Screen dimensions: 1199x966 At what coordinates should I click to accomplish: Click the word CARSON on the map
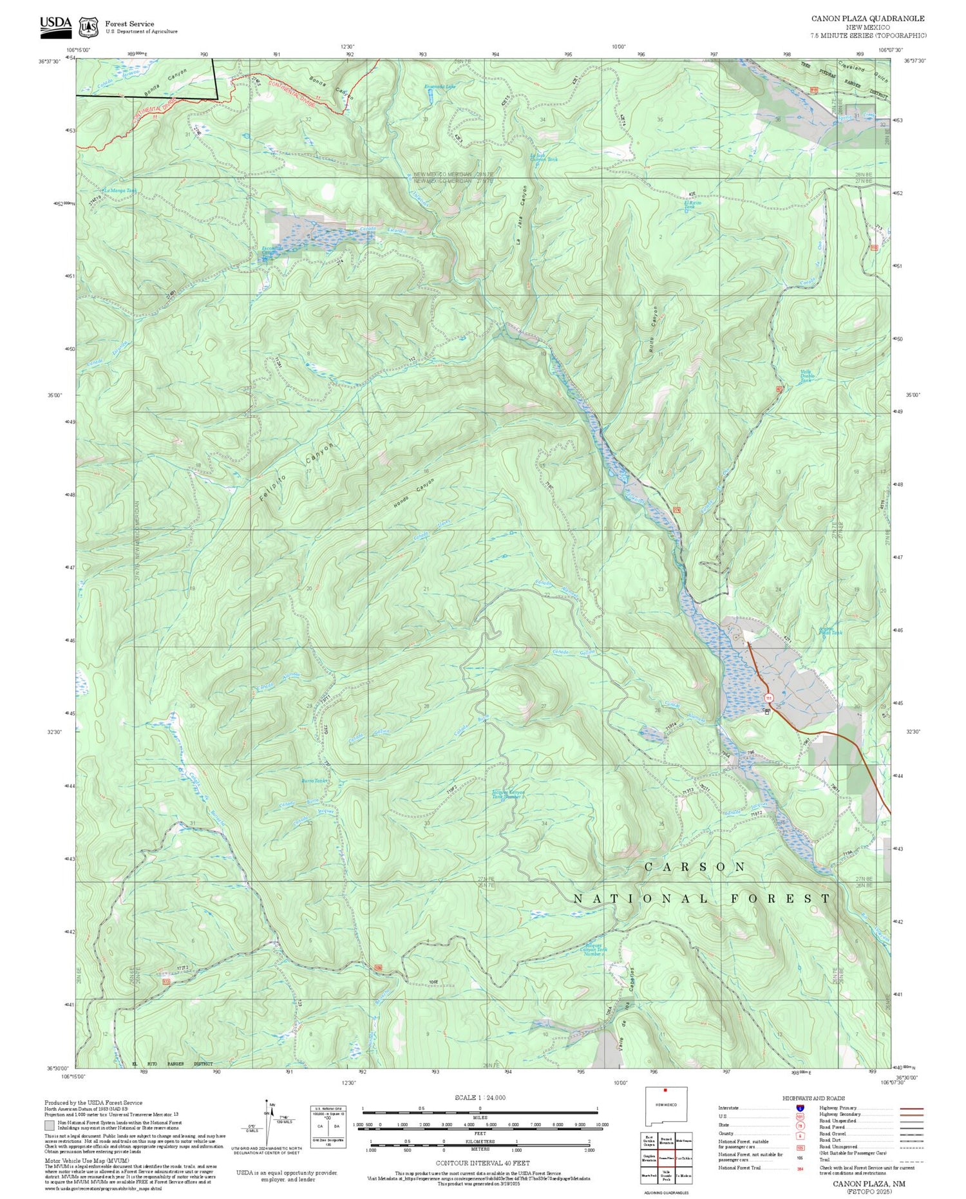point(695,867)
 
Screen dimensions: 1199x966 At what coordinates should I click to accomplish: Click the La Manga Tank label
point(120,191)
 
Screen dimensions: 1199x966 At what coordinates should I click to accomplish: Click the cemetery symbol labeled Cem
point(766,712)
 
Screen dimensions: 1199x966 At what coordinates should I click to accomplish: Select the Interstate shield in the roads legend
point(799,1108)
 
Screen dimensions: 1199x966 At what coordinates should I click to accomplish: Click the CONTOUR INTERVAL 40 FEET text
point(482,1163)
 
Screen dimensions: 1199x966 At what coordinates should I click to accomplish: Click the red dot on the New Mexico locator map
point(665,1091)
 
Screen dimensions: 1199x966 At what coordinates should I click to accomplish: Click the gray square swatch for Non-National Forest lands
point(49,1124)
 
